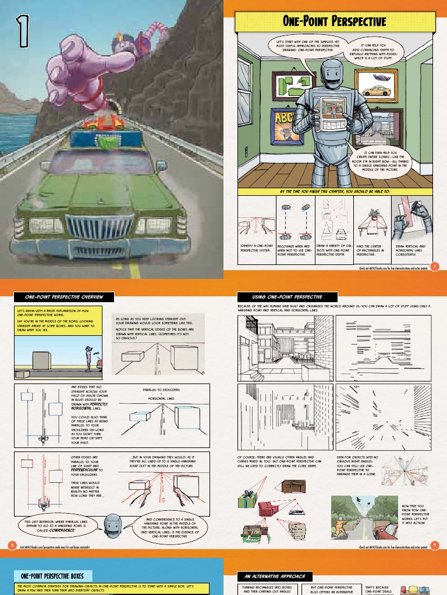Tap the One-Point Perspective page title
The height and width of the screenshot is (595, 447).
(334, 22)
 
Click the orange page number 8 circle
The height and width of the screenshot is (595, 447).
(12, 544)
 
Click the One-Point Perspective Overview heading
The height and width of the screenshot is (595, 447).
(59, 297)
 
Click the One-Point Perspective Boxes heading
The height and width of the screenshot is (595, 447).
(52, 575)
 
